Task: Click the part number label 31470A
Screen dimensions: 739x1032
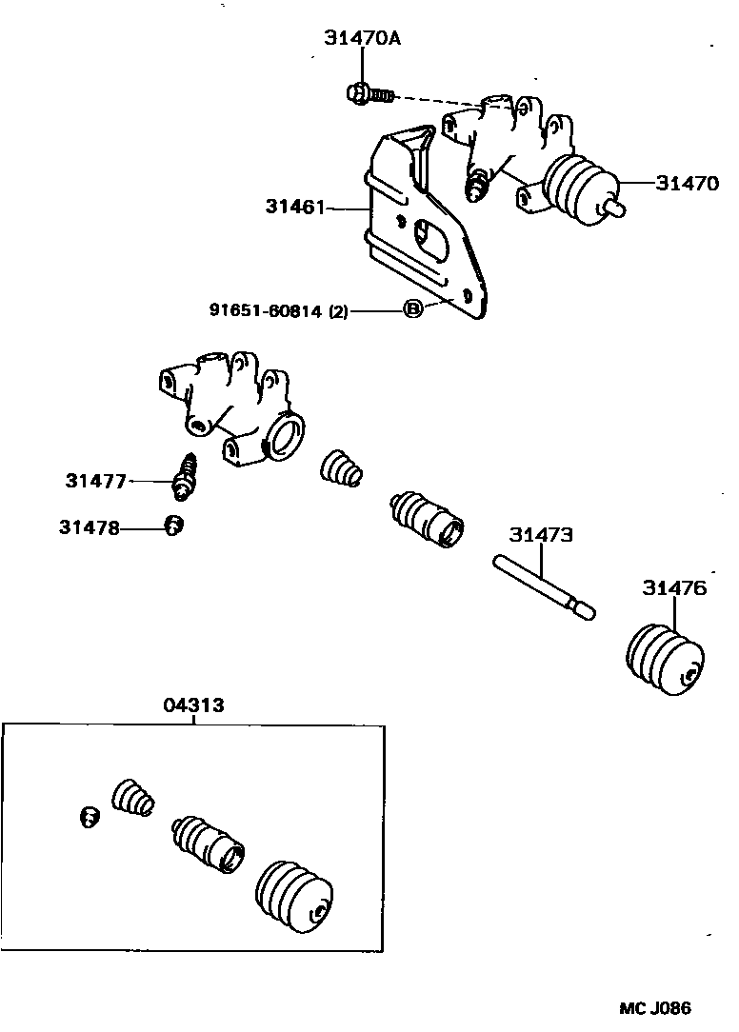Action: tap(362, 38)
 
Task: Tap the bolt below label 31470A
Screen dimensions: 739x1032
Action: tap(369, 94)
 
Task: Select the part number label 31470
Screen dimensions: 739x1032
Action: tap(687, 183)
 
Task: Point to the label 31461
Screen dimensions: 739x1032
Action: tap(295, 207)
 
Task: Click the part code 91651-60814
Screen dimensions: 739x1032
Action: tap(266, 310)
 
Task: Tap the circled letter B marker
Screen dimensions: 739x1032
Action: tap(412, 308)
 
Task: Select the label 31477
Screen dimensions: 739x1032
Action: tap(95, 481)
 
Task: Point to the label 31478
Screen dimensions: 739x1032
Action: tap(90, 527)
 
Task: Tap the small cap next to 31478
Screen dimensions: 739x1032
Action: tap(174, 526)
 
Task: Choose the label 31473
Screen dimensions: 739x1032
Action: tap(541, 534)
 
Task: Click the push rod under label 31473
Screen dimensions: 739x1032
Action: tap(544, 587)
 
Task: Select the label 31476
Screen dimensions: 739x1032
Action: tap(674, 587)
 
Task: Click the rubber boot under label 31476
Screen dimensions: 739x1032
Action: tap(664, 659)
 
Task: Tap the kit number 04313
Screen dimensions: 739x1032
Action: tap(193, 705)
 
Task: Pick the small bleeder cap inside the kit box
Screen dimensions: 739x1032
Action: tap(90, 817)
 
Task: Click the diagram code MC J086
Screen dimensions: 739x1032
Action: tap(654, 1007)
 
